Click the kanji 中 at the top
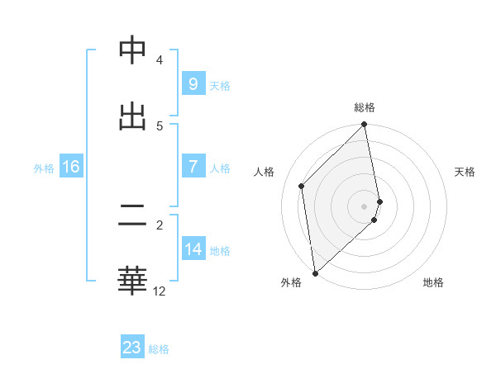pyautogui.click(x=132, y=50)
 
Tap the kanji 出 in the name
pyautogui.click(x=132, y=115)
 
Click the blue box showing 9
pyautogui.click(x=193, y=84)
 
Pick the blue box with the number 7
pyautogui.click(x=193, y=167)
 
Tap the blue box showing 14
pyautogui.click(x=193, y=248)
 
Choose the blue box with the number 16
pyautogui.click(x=70, y=167)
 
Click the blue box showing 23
pyautogui.click(x=132, y=348)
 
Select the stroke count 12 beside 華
pyautogui.click(x=160, y=291)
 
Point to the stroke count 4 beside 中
pyautogui.click(x=160, y=60)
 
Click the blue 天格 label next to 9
pyautogui.click(x=220, y=85)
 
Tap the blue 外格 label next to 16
pyautogui.click(x=44, y=168)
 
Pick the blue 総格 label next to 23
pyautogui.click(x=159, y=348)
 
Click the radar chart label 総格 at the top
pyautogui.click(x=365, y=107)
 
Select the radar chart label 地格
pyautogui.click(x=433, y=282)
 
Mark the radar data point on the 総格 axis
pyautogui.click(x=365, y=125)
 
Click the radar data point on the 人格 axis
pyautogui.click(x=302, y=186)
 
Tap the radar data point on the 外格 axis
pyautogui.click(x=315, y=272)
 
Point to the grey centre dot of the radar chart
pyautogui.click(x=365, y=206)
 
